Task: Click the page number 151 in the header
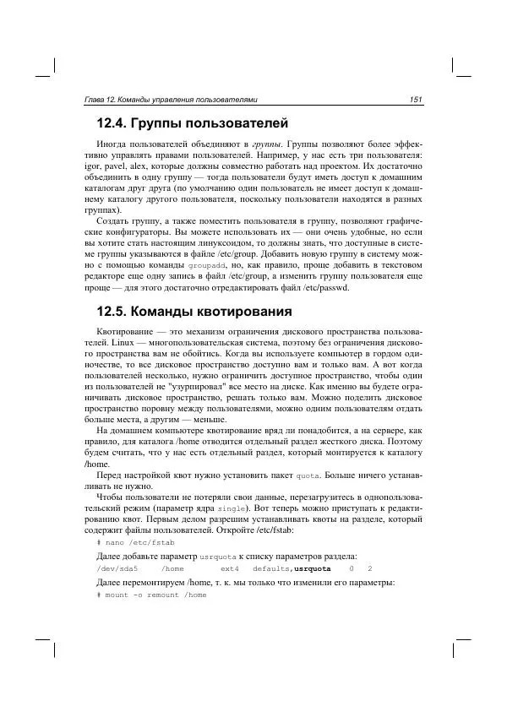pos(416,100)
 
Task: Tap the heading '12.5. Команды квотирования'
pos(194,311)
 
